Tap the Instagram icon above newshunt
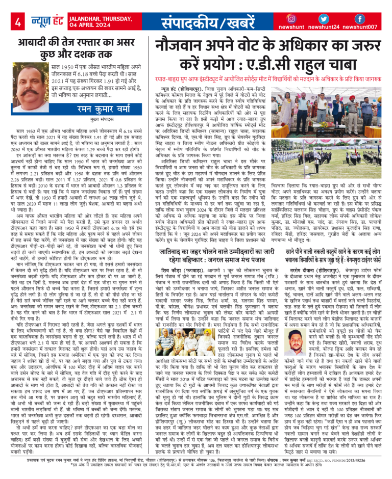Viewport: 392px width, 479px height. tap(291, 18)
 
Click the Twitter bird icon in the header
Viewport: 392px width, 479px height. tap(324, 18)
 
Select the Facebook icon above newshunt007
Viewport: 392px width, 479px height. tap(359, 18)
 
